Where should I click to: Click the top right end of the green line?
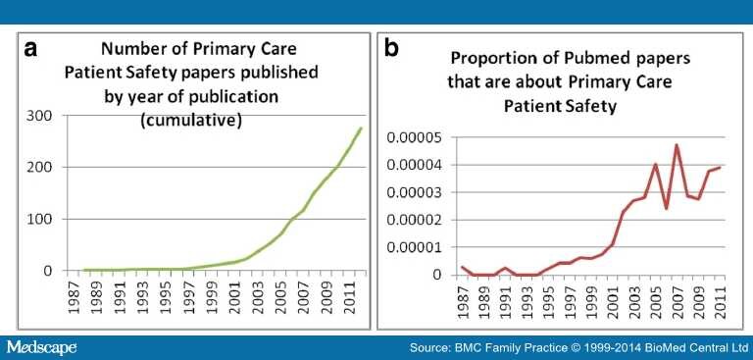[x=360, y=128]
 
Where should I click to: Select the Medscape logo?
[x=41, y=347]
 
